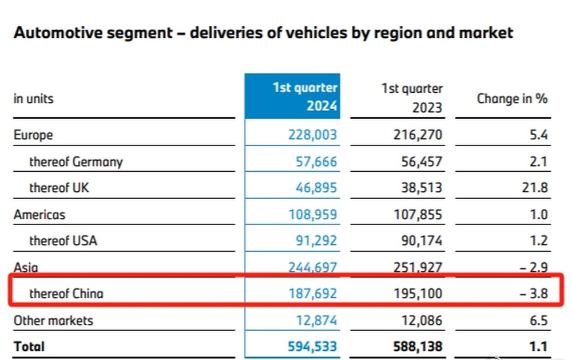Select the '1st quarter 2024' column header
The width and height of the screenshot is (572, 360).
305,97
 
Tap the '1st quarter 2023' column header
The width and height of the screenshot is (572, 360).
412,98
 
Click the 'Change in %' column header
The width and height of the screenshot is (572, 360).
512,98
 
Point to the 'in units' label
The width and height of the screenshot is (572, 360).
33,98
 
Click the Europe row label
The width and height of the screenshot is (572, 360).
33,135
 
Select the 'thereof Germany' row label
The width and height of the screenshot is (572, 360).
76,162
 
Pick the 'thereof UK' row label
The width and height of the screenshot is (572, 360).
59,188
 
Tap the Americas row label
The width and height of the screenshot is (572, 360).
39,215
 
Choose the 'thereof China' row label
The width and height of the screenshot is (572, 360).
66,294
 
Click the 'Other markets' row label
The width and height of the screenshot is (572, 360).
53,320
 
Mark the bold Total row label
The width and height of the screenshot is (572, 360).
29,346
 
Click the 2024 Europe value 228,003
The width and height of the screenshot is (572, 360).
312,135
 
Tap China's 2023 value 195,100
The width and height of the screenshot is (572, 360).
418,294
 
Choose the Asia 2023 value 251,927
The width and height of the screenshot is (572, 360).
418,267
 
